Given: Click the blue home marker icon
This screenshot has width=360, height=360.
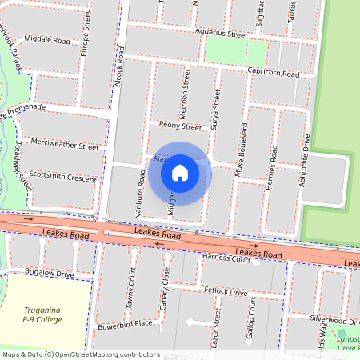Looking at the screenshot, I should (180, 172).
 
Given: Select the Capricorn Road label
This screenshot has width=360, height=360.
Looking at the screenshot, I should (273, 73).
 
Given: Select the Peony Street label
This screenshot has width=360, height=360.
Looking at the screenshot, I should (180, 126).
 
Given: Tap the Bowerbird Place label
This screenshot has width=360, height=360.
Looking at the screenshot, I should (125, 324).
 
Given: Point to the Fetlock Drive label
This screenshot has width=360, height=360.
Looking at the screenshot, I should (226, 292).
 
